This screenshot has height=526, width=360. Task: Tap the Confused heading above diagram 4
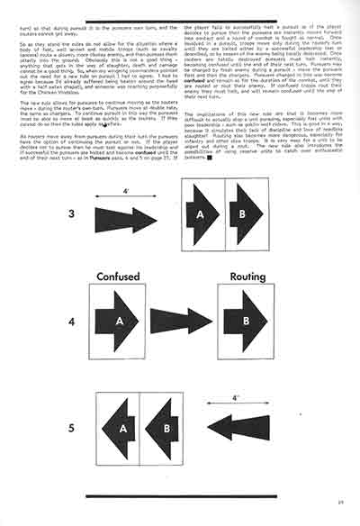pyautogui.click(x=122, y=277)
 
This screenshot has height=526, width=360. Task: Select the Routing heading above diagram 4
pyautogui.click(x=249, y=277)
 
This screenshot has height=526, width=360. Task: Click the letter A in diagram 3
pyautogui.click(x=202, y=216)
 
